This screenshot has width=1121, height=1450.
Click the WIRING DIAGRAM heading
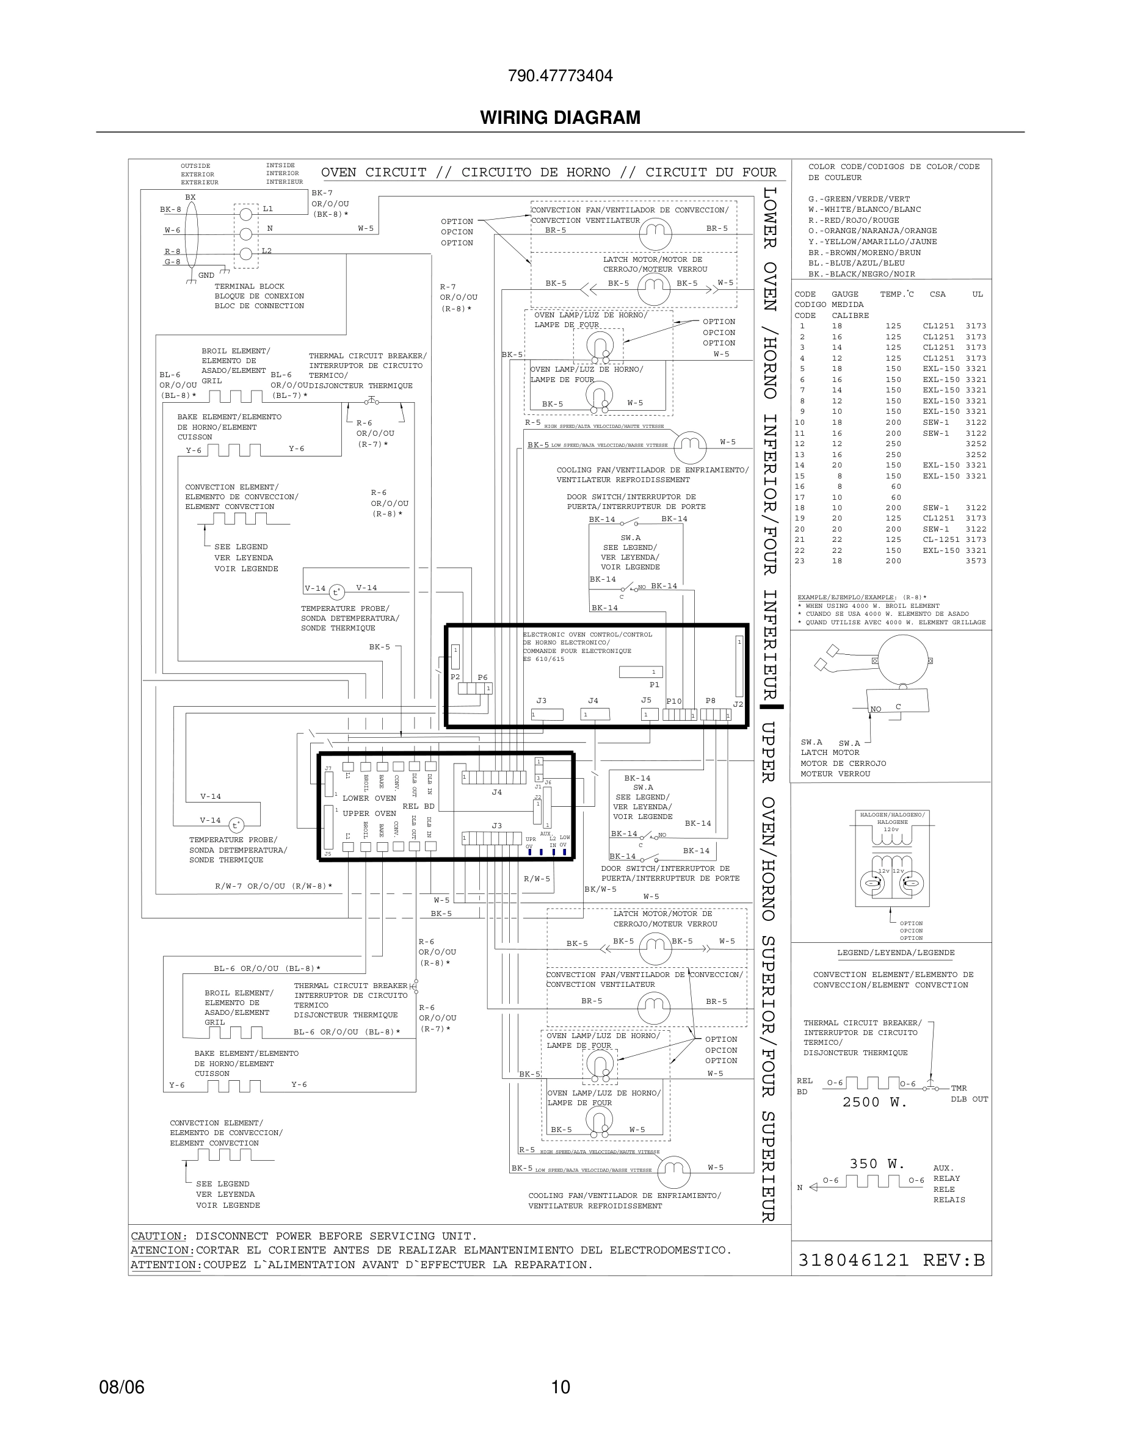[x=560, y=118]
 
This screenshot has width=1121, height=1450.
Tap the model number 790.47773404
[x=560, y=76]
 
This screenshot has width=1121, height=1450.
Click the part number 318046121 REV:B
[x=891, y=1260]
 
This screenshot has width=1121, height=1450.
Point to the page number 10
[x=560, y=1387]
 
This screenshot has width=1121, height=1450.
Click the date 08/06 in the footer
[x=122, y=1387]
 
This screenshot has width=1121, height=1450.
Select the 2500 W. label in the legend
[x=874, y=1102]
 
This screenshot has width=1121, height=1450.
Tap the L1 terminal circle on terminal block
[x=245, y=214]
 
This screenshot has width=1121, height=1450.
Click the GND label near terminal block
[x=206, y=275]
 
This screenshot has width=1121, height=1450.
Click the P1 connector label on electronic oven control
[x=654, y=685]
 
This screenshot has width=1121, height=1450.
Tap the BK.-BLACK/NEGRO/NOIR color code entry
[x=862, y=274]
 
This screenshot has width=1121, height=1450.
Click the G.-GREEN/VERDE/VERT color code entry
[x=858, y=199]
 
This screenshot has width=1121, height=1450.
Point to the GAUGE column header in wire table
[x=845, y=294]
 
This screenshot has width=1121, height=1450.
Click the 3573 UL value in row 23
[x=976, y=561]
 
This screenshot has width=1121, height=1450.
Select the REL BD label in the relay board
[x=418, y=806]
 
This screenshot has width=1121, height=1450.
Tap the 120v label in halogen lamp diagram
[x=891, y=829]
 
